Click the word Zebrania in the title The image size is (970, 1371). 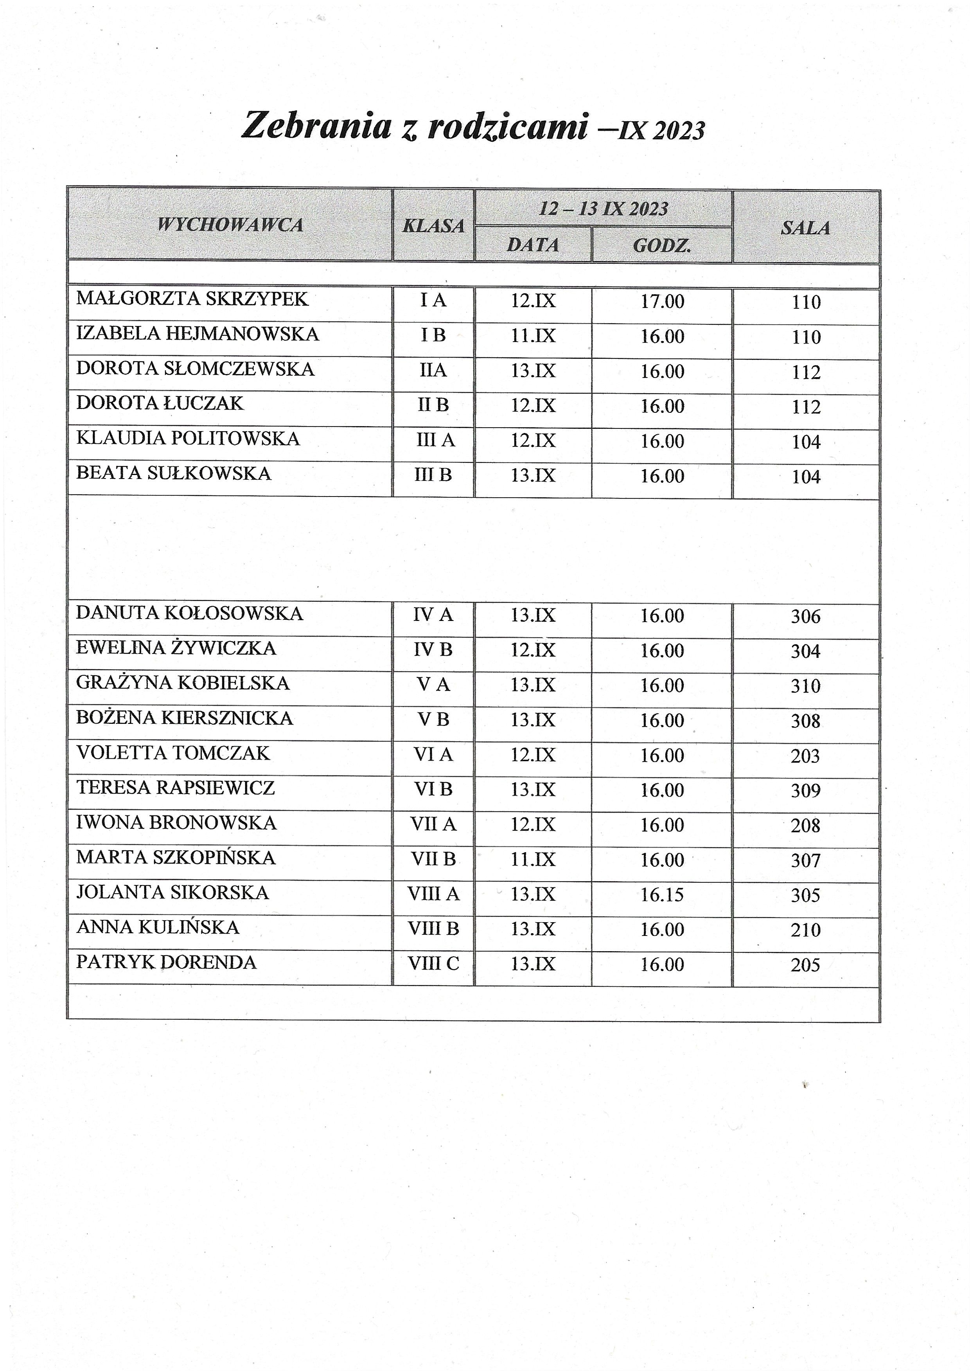(316, 126)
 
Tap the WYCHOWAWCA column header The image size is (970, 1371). (230, 225)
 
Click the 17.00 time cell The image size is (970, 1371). (662, 301)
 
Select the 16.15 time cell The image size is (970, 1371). (662, 894)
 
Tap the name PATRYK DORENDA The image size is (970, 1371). (166, 962)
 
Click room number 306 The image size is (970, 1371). (805, 616)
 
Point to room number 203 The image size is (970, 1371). (805, 756)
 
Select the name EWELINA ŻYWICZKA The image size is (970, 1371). (176, 648)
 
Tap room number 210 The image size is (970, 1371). (805, 930)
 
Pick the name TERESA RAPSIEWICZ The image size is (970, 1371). (176, 788)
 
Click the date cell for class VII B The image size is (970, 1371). (533, 860)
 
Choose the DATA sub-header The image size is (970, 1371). (533, 245)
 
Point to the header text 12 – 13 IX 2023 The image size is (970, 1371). (603, 209)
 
